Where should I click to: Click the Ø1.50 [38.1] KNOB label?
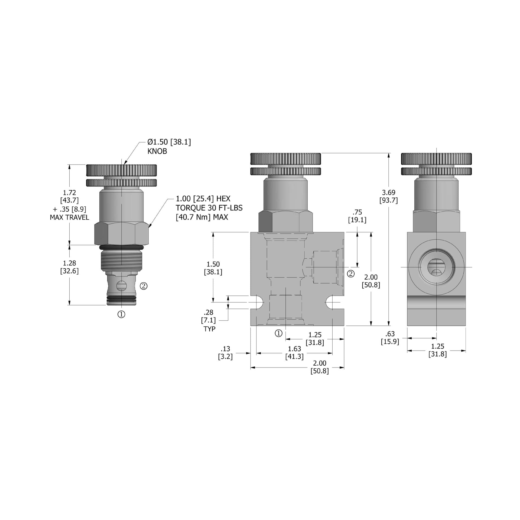(169, 147)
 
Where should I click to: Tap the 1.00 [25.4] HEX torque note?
(209, 208)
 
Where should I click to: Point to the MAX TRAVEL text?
(69, 217)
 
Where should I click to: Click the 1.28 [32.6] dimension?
(69, 267)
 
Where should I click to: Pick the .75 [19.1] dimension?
(357, 216)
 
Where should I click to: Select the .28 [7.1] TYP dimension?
(209, 320)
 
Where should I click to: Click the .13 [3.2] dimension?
(225, 353)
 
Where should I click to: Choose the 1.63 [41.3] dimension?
(294, 353)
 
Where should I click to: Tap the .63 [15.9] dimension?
(390, 338)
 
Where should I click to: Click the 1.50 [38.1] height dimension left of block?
(213, 268)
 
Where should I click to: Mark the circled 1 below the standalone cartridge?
(121, 314)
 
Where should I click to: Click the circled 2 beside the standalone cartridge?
(144, 286)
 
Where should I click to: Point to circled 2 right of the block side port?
(351, 274)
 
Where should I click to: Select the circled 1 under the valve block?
(279, 333)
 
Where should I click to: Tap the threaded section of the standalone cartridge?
(121, 261)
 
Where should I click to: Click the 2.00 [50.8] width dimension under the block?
(320, 367)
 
